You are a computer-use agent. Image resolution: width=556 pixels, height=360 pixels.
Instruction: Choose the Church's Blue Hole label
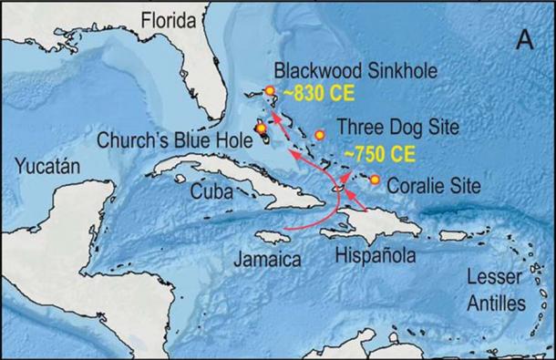[174, 139]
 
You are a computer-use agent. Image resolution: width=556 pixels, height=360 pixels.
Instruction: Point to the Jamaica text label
[264, 258]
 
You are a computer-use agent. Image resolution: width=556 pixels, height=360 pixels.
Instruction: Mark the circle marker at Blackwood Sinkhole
[270, 91]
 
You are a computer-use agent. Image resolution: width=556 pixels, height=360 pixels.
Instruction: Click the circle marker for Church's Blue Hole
[262, 129]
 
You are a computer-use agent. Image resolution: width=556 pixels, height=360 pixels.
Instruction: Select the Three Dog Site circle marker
[320, 136]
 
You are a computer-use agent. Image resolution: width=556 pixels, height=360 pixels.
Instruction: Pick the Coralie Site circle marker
[375, 180]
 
